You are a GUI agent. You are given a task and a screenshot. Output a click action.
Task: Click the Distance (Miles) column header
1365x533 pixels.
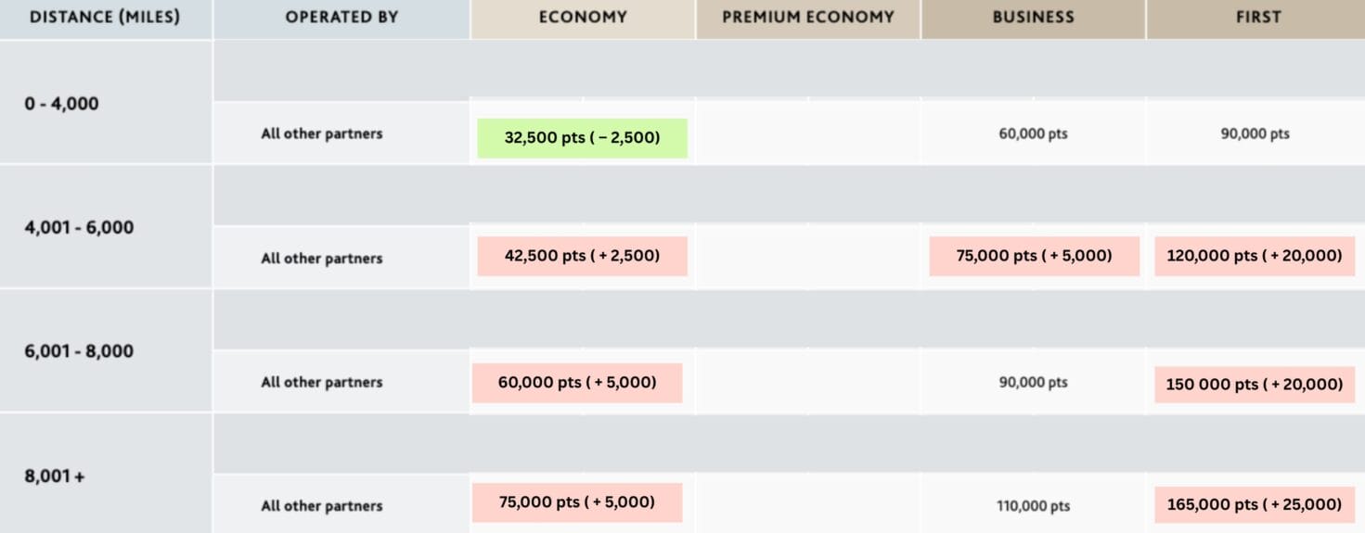coord(104,18)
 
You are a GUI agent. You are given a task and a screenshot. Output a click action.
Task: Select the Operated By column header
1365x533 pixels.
coord(341,18)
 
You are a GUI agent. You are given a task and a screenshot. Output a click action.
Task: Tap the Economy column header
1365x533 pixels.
coord(583,18)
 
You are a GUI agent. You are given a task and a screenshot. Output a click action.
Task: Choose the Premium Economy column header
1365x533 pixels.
coord(808,18)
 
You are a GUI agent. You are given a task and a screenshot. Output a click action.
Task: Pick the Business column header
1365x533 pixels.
coord(1033,18)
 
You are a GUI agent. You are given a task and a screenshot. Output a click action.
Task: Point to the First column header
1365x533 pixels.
coord(1258,18)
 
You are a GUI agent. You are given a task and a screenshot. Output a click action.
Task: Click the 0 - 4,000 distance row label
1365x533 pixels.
coord(61,104)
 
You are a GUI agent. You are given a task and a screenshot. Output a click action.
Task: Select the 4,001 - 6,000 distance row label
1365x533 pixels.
coord(79,227)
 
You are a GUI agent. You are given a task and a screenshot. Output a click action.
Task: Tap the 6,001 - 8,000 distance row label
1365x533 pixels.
coord(79,351)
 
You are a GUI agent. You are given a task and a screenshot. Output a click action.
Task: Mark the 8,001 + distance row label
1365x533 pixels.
coord(54,476)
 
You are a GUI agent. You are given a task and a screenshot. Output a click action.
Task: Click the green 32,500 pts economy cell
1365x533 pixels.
coord(582,138)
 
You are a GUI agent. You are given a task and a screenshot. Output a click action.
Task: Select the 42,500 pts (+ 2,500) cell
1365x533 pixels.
coord(582,256)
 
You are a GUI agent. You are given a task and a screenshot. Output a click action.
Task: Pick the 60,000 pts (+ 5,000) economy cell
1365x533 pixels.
coord(577,383)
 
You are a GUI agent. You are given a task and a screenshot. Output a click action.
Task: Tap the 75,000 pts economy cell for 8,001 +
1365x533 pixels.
coord(577,502)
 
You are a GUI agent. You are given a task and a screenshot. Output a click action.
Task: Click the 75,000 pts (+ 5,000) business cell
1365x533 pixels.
coord(1034,256)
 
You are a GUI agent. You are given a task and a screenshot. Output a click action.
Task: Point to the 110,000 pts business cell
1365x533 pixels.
coord(1033,506)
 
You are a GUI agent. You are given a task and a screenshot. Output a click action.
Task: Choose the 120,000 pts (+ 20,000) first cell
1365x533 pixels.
coord(1255,256)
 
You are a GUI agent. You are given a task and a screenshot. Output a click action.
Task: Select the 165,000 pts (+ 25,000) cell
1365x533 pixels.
coord(1255,505)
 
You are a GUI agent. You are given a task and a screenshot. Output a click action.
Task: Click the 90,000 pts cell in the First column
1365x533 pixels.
coord(1255,133)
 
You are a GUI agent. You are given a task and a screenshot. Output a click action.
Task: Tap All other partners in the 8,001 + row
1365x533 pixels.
coord(321,506)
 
